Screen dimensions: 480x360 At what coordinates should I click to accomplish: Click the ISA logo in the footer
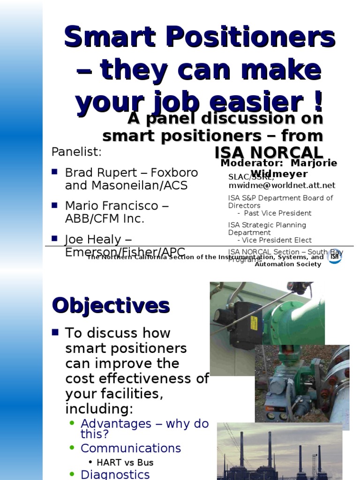point(334,256)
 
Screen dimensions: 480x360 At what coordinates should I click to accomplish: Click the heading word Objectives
point(111,306)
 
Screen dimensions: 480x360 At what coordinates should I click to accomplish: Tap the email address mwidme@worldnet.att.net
point(282,185)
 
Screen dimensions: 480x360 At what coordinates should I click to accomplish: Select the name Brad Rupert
point(96,172)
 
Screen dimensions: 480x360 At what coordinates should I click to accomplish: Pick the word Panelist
point(76,152)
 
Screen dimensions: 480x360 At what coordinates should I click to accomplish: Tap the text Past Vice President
point(277,213)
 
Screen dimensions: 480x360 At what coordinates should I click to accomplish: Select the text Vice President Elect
point(277,240)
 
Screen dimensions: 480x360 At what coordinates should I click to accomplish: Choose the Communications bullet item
point(131,448)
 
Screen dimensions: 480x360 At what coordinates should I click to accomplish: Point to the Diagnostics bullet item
point(115,474)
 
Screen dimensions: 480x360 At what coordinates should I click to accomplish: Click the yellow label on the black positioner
point(253,323)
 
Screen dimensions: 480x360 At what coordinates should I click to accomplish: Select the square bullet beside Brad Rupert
point(54,172)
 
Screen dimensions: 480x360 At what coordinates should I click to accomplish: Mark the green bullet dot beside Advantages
point(72,423)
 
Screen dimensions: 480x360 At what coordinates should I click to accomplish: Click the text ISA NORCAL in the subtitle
point(269,152)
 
